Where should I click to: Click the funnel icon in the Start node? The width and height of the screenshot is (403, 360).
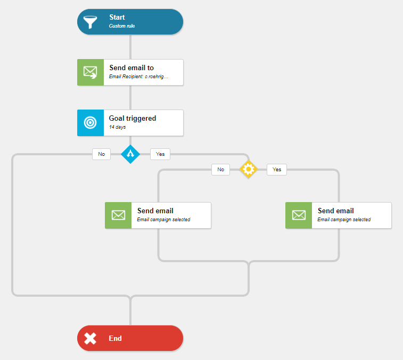click(90, 22)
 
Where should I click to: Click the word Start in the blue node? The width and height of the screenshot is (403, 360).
click(117, 17)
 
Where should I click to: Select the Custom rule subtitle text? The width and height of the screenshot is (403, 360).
click(122, 26)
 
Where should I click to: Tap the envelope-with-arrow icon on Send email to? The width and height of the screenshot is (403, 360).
click(90, 72)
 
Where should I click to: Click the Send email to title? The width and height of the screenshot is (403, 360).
click(131, 68)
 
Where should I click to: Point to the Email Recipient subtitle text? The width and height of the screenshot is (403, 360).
click(138, 77)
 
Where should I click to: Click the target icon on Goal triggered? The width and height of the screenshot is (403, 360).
click(90, 123)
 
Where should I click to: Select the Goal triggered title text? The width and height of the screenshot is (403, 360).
click(133, 118)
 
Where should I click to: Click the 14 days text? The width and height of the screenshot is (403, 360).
click(118, 127)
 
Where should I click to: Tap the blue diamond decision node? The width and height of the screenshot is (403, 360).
click(130, 154)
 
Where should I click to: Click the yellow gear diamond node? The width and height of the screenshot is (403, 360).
click(248, 169)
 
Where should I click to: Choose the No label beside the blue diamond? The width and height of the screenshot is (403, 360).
click(102, 154)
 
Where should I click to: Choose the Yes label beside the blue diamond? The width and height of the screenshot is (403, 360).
click(160, 154)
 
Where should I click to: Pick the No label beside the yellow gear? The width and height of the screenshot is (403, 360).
click(220, 170)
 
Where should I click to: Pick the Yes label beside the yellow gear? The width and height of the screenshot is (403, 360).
click(277, 170)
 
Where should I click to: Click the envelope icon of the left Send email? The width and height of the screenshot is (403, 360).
click(118, 215)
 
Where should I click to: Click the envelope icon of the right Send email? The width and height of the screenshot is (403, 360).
click(299, 215)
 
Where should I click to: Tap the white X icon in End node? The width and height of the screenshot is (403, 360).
click(90, 338)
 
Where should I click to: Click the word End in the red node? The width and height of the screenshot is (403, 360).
click(115, 338)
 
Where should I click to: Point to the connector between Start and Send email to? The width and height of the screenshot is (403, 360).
click(130, 47)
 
